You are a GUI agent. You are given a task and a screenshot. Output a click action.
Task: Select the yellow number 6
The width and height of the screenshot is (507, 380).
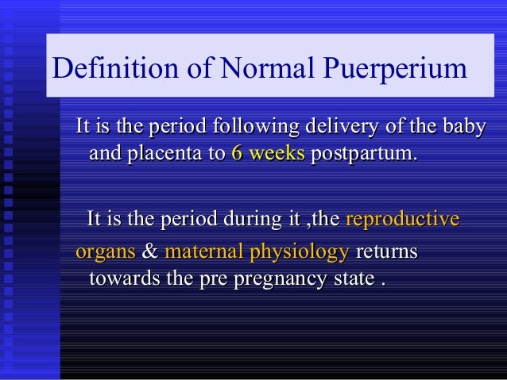click(x=237, y=153)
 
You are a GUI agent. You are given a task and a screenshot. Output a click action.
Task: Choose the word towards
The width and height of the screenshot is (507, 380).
click(x=121, y=279)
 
